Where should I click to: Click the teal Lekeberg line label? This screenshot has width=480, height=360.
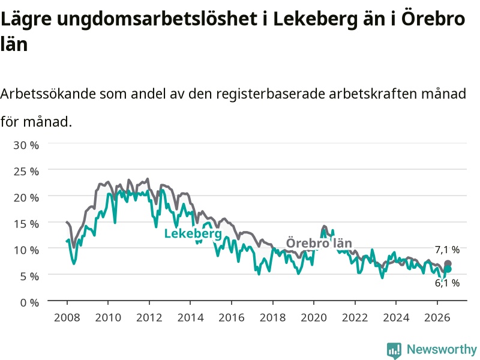click(193, 233)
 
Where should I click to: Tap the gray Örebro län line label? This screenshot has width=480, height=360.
click(319, 243)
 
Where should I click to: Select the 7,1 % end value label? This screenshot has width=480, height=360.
click(447, 250)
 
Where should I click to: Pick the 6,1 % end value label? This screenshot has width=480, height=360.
click(447, 283)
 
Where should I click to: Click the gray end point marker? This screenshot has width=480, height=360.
click(448, 263)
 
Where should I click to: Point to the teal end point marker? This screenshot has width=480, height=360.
click(448, 269)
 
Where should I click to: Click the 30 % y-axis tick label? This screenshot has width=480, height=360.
click(26, 145)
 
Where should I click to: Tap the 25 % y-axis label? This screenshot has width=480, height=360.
click(26, 172)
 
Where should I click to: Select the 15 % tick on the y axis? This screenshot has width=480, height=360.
click(26, 224)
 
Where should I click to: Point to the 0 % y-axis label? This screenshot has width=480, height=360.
click(29, 303)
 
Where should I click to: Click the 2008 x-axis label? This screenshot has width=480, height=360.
click(67, 317)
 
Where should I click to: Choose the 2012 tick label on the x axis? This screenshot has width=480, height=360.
click(149, 317)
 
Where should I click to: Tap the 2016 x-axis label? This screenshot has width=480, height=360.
click(232, 317)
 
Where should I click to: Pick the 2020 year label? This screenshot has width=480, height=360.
click(314, 317)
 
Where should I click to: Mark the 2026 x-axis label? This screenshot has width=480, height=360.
click(437, 317)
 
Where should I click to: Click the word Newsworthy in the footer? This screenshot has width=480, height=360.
click(442, 349)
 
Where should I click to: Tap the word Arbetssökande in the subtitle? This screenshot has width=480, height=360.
click(48, 94)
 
